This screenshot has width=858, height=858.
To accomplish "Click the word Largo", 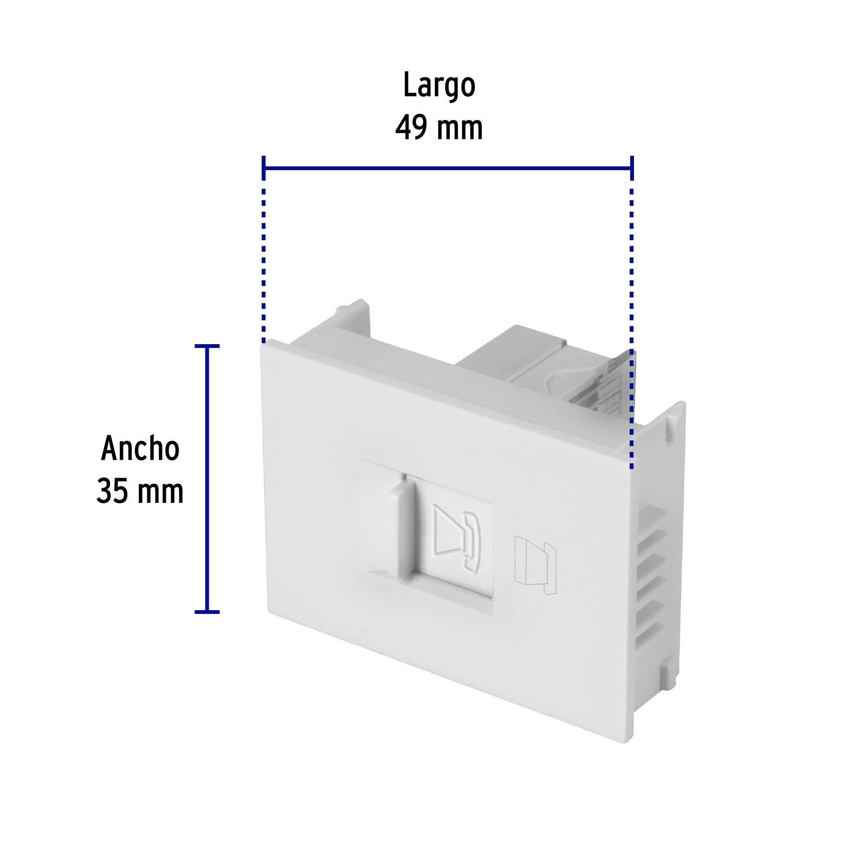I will pyautogui.click(x=439, y=86).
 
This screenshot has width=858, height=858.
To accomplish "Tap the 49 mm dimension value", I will pyautogui.click(x=439, y=128).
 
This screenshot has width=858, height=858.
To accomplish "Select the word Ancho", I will pyautogui.click(x=140, y=449).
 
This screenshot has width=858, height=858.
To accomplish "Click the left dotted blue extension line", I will pyautogui.click(x=264, y=262).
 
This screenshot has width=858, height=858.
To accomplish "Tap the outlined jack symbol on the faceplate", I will pyautogui.click(x=535, y=565).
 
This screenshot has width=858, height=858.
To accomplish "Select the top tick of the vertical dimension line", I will pyautogui.click(x=207, y=346).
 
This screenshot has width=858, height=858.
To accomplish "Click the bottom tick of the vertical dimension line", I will pyautogui.click(x=207, y=612).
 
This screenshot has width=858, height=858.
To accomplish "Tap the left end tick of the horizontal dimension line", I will pyautogui.click(x=264, y=168).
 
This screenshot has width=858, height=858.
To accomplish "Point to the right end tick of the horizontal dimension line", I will pyautogui.click(x=632, y=168).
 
